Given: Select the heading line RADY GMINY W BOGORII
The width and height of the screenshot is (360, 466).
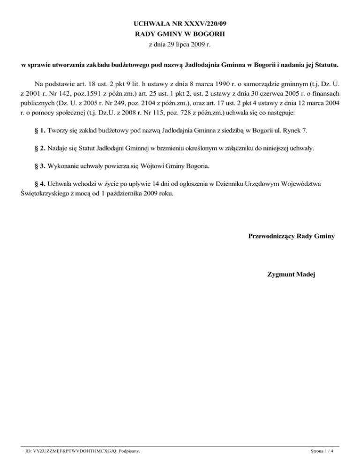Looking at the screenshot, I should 180,34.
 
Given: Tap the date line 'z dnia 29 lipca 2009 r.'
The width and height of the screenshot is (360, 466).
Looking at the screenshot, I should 180,45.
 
